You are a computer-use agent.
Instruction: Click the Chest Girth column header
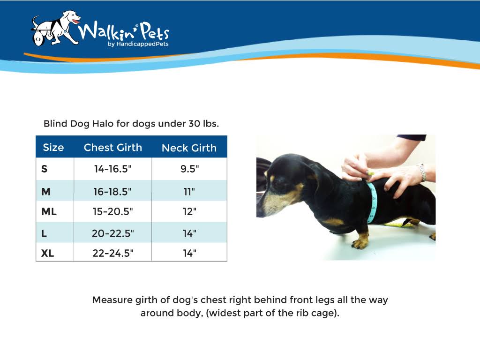[112, 148]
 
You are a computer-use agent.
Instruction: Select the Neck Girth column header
[189, 148]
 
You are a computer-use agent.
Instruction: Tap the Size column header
[53, 148]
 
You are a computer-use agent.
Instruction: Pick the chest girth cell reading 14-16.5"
[112, 169]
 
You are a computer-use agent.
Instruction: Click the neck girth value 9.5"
[189, 169]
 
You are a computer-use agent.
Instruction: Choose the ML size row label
[49, 211]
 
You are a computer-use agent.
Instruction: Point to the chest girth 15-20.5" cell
[112, 211]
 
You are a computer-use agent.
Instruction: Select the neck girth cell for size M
[189, 192]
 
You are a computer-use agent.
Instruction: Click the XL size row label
[47, 253]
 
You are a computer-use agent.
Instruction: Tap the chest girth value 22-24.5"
[112, 253]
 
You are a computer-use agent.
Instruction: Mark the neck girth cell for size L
[189, 233]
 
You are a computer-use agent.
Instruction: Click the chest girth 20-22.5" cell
[112, 233]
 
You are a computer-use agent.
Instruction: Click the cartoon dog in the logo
[55, 29]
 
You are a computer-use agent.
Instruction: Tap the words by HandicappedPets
[138, 44]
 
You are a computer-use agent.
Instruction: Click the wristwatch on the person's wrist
[422, 172]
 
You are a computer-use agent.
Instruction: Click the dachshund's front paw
[359, 243]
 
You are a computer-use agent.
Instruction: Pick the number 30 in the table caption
[194, 124]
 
